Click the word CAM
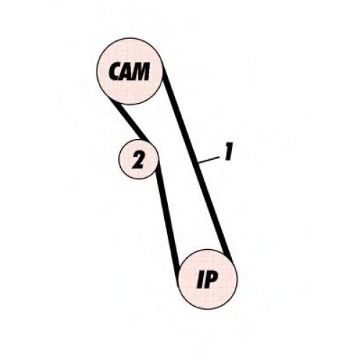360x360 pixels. tap(130, 71)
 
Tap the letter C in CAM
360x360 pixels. tap(115, 71)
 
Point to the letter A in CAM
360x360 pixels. tap(127, 71)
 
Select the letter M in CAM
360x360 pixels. tap(142, 71)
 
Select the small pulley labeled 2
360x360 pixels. tap(138, 159)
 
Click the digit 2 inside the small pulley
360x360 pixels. tap(138, 159)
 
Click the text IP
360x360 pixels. tap(207, 280)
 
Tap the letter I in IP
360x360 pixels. tap(201, 280)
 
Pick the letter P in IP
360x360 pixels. tap(211, 280)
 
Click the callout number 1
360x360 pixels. tap(228, 151)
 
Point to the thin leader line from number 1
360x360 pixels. tap(209, 160)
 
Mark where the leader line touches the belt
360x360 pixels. tap(199, 163)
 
